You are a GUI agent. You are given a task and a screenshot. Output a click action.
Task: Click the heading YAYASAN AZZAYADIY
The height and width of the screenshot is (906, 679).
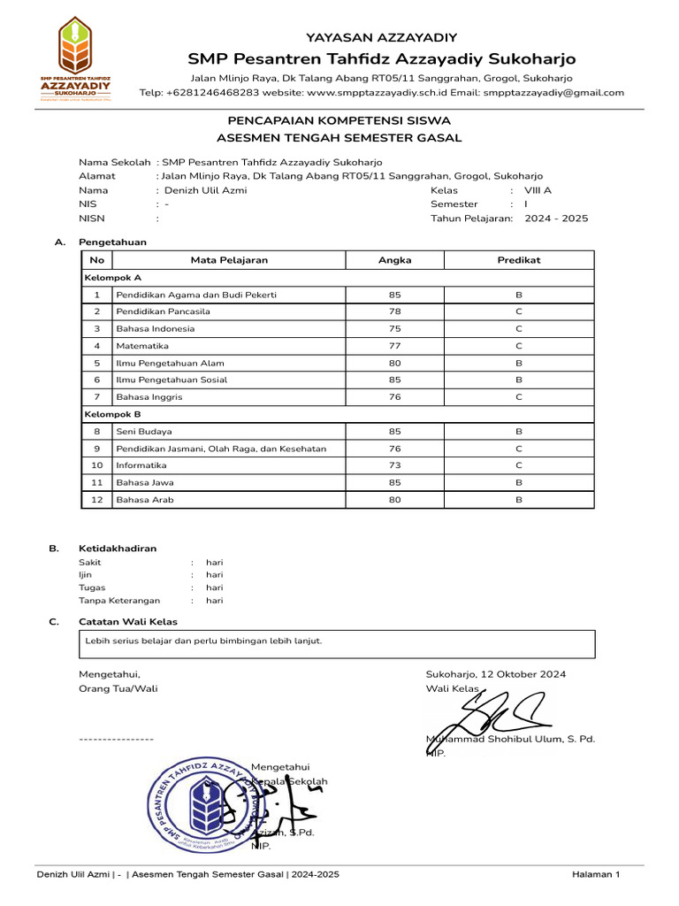(381, 37)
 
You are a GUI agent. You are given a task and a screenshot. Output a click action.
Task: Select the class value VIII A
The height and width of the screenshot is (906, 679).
(538, 190)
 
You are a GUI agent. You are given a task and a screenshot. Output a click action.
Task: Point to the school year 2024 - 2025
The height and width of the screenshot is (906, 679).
(556, 219)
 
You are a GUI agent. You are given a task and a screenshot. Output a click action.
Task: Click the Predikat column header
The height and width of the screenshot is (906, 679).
(519, 260)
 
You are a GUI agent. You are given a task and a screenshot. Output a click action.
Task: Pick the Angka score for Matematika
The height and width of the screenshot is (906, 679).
(394, 346)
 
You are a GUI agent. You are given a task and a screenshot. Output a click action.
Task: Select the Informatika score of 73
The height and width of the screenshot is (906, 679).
(394, 465)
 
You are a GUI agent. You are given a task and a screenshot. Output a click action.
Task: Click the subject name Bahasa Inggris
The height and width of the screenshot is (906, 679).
(149, 397)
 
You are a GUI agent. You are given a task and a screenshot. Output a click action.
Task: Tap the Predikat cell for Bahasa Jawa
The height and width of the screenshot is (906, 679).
(519, 483)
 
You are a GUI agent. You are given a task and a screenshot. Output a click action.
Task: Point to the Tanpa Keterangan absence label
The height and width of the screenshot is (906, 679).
(119, 601)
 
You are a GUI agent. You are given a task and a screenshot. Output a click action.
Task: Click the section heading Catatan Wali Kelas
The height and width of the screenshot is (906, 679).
(128, 622)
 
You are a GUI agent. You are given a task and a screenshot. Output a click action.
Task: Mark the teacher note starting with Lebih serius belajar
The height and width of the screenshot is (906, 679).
(203, 641)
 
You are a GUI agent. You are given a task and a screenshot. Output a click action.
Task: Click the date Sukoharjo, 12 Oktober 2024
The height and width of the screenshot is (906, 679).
(496, 674)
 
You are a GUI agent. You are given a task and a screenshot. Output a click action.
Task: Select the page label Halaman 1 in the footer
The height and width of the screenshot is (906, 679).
(596, 874)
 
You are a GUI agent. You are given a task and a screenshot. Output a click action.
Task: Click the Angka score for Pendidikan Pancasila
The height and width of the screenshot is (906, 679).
(394, 311)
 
